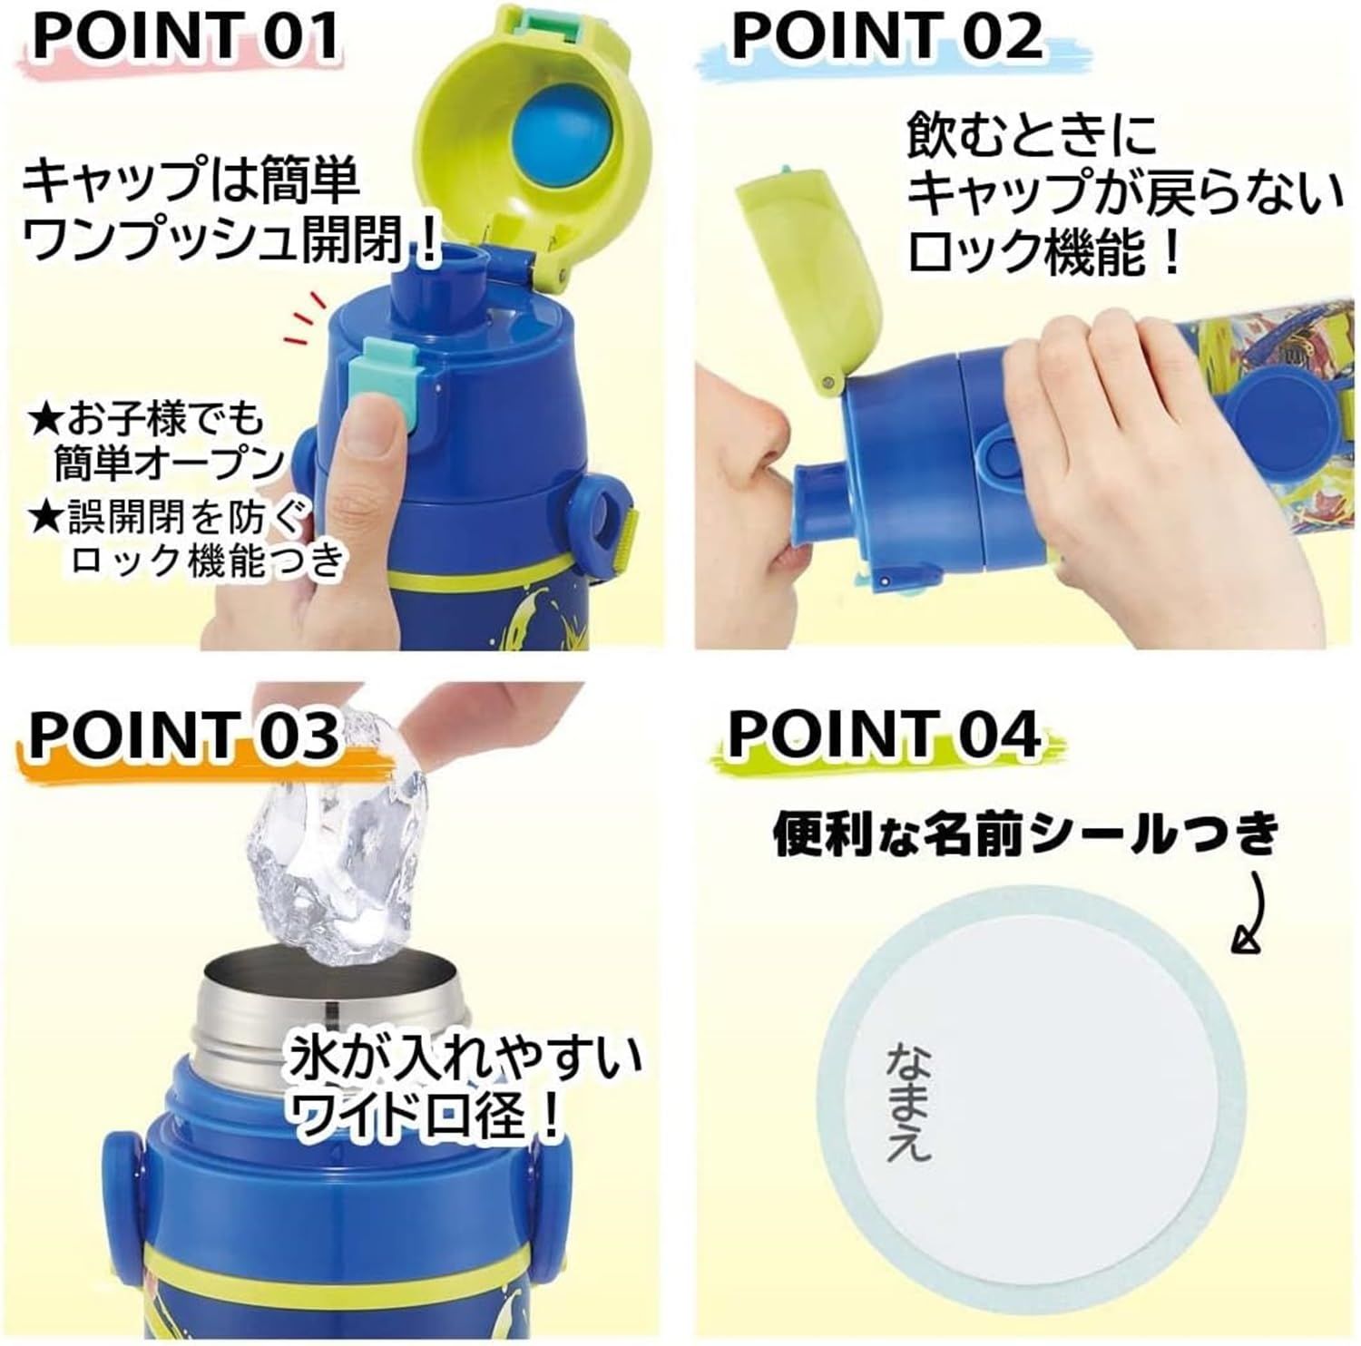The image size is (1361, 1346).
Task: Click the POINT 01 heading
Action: (x=186, y=34)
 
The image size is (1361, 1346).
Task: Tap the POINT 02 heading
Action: (x=886, y=34)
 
